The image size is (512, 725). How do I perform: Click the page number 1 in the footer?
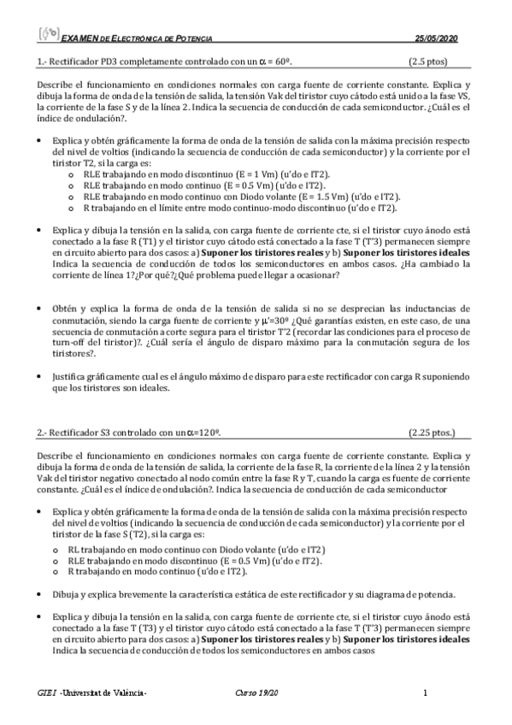(x=425, y=693)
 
